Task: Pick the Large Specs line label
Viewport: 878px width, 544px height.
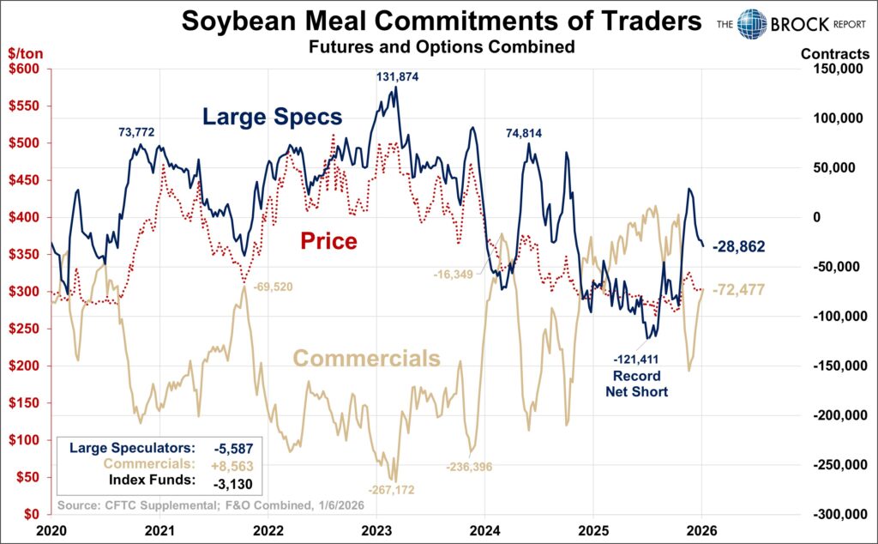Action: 273,117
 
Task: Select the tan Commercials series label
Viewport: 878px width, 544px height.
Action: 367,359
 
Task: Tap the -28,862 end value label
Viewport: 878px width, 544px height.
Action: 738,246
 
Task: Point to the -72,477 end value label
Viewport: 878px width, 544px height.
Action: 738,289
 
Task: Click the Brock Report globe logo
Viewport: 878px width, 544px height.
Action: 752,23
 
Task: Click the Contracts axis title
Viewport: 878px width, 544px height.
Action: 835,53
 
